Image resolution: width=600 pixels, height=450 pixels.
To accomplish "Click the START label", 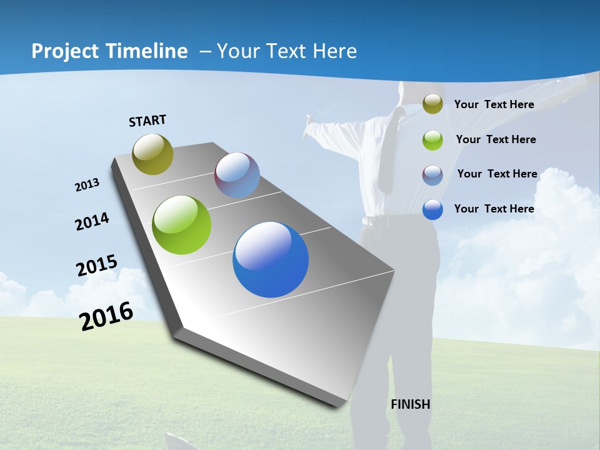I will (x=147, y=121).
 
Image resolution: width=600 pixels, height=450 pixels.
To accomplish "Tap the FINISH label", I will (x=411, y=404).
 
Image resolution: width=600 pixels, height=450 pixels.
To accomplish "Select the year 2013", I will (x=87, y=185).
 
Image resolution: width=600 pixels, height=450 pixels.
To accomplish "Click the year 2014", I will (x=92, y=222).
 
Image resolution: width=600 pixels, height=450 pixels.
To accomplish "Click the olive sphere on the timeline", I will (x=152, y=154).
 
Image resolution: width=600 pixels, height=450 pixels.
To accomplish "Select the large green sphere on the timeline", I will (x=182, y=225).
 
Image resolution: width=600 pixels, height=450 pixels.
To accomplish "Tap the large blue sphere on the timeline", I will (x=271, y=259).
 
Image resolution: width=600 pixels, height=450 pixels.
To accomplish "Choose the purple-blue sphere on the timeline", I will (x=237, y=175).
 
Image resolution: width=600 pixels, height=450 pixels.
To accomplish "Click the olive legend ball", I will (x=432, y=104).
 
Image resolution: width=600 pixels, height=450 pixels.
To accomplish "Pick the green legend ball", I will (x=432, y=140).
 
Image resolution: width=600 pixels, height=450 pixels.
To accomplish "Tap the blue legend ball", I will (x=432, y=209).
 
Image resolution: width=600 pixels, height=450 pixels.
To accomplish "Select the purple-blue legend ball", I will (x=432, y=175).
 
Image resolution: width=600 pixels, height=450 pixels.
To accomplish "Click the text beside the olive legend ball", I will (x=494, y=104).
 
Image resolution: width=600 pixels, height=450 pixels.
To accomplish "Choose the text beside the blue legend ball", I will (x=494, y=209).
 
